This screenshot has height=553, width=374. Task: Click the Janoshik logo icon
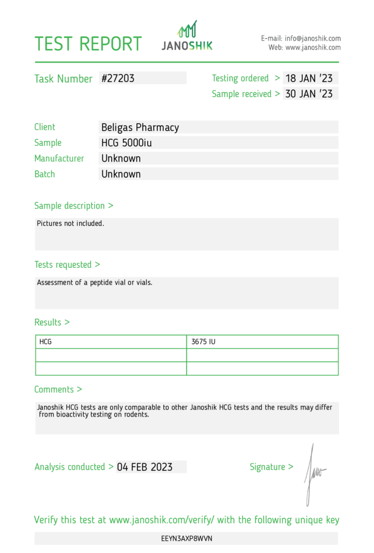point(188,29)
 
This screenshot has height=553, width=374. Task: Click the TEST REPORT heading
point(88,44)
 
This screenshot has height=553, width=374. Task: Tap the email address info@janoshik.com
point(313,38)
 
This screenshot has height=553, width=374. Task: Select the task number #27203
point(118,78)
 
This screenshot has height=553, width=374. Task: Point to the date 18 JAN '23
point(309,78)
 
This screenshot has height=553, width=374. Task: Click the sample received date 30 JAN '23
point(309,94)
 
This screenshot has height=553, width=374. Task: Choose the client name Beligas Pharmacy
point(140,127)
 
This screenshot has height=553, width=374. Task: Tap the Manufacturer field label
point(59,159)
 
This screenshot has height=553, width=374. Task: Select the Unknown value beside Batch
point(121,174)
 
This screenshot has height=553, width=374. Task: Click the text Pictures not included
point(71,223)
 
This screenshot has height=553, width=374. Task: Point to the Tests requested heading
point(67,265)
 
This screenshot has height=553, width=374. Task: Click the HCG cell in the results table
point(46,342)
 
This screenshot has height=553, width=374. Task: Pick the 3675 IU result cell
point(204,342)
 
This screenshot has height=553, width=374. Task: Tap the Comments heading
point(58,389)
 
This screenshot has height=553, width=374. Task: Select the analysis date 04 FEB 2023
point(144,467)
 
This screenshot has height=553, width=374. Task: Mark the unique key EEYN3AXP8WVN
point(186,538)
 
